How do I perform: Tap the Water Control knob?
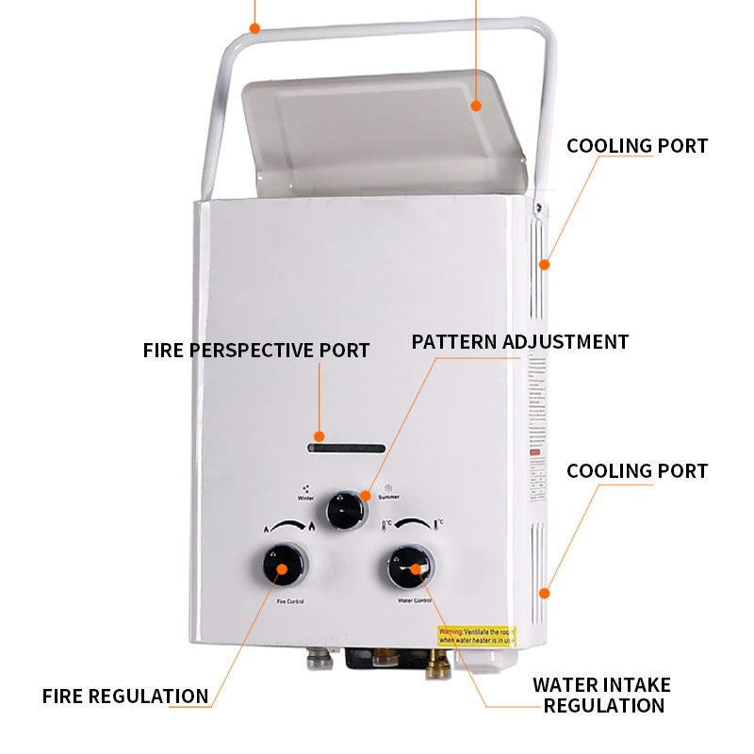[411, 567]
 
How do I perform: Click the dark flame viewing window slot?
[347, 448]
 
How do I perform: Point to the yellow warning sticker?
[477, 636]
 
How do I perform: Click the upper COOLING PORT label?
[636, 146]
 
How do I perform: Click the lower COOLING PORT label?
[636, 470]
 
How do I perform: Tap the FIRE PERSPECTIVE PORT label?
[256, 351]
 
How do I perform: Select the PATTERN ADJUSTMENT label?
[519, 341]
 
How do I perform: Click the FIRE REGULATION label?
[125, 697]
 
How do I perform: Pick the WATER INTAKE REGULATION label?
[601, 696]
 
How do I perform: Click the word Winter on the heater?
[306, 497]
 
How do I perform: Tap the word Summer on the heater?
[388, 497]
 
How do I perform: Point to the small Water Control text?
[415, 600]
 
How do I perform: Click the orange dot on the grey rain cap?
[476, 107]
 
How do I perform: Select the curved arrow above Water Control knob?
[414, 524]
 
